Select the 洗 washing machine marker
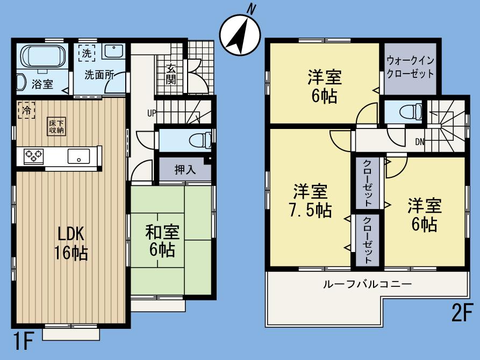point(87,53)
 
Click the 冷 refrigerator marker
point(24,110)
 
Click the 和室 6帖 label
point(164,240)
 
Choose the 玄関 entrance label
point(171,74)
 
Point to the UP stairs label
point(153,113)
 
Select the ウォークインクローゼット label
point(410,67)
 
